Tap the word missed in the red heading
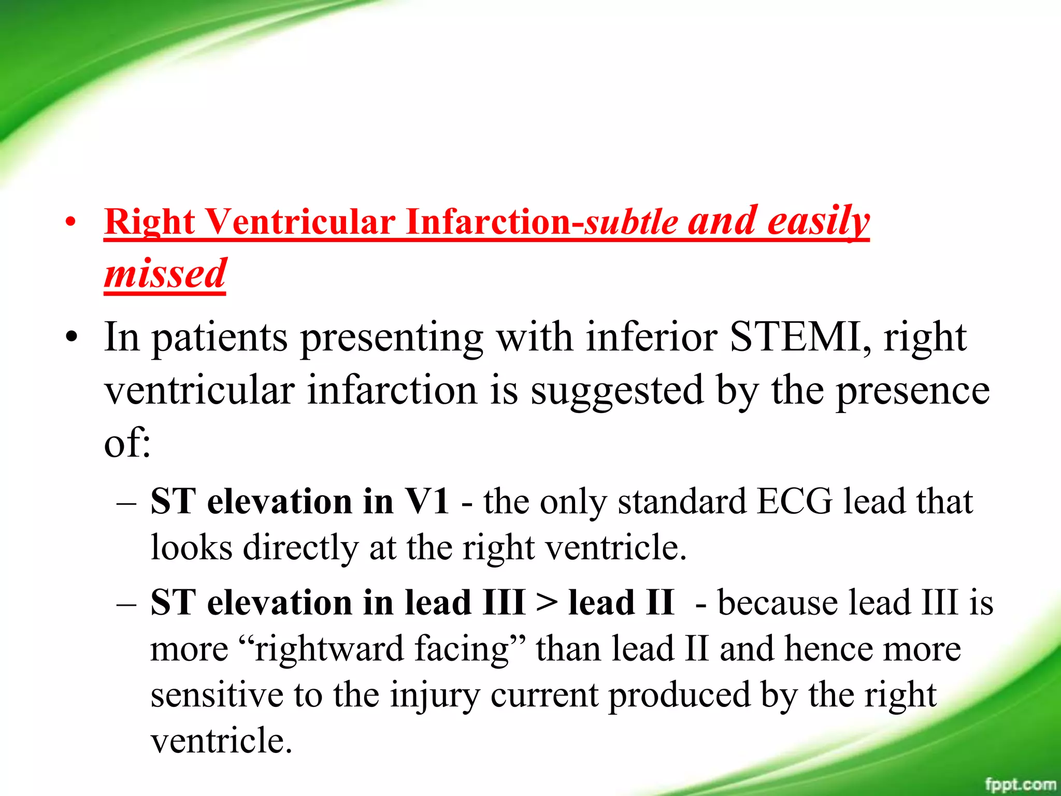click(165, 273)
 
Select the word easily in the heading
click(819, 221)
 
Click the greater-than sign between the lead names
click(547, 603)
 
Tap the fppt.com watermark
click(1020, 784)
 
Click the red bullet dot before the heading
click(71, 223)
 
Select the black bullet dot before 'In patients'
click(71, 338)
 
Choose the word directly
click(300, 548)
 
